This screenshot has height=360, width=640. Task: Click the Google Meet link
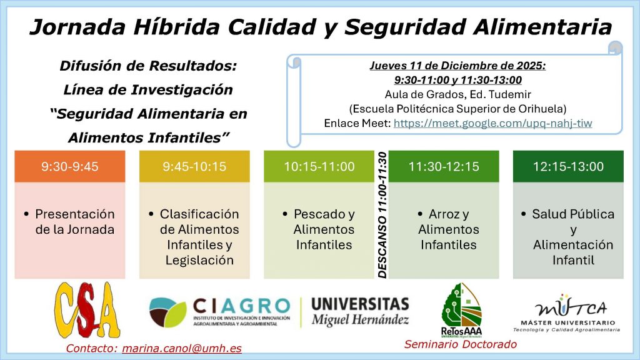[492, 123]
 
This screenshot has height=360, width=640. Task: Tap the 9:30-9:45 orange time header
[70, 166]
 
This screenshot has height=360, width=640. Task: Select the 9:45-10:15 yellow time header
[194, 166]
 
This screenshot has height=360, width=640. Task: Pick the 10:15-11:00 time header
[319, 166]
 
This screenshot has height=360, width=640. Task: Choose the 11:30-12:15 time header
[444, 166]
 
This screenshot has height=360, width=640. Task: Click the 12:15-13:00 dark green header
[568, 166]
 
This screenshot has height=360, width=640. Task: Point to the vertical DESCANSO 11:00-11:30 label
[382, 215]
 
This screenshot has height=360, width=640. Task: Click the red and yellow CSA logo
[87, 310]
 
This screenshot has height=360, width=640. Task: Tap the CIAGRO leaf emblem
[167, 312]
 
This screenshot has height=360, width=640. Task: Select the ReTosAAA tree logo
[462, 310]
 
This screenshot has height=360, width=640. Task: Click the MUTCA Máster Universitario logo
[567, 313]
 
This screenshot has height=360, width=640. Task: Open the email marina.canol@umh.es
[182, 349]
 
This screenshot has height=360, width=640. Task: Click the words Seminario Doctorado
[461, 344]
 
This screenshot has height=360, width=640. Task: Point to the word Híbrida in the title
[177, 27]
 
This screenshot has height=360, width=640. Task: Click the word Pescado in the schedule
[319, 214]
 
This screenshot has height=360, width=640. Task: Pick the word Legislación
[199, 261]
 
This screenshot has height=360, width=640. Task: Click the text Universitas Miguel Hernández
[360, 311]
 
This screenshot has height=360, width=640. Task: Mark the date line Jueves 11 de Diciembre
[457, 66]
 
